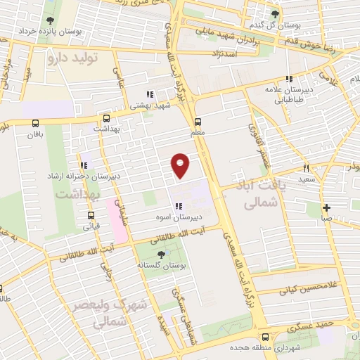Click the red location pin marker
[181, 165]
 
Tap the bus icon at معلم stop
[198, 120]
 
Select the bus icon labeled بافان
[36, 122]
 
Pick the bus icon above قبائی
[90, 216]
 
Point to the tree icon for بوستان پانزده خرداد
[49, 20]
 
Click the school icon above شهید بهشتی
[148, 94]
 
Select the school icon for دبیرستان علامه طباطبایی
[288, 79]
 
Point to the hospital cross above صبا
[327, 207]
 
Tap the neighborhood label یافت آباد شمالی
[251, 194]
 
